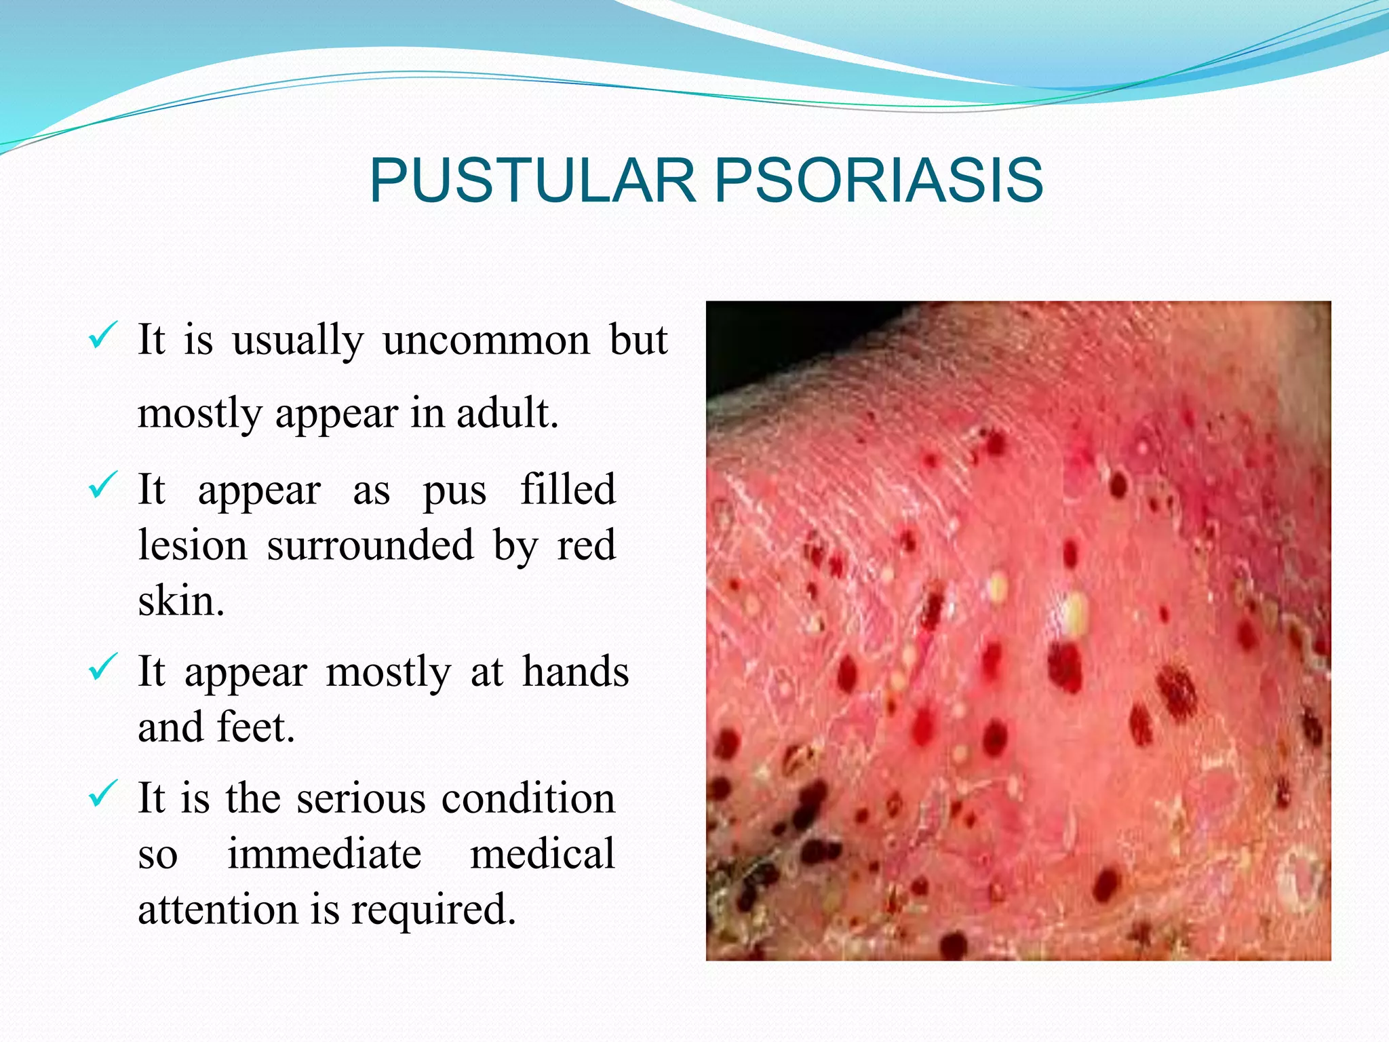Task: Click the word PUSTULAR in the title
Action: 533,180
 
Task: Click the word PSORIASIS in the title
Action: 878,180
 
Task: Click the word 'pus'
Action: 454,490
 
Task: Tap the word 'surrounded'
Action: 370,545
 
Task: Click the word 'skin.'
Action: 180,600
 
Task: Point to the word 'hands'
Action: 575,672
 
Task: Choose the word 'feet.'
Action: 256,727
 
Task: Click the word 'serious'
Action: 360,798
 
